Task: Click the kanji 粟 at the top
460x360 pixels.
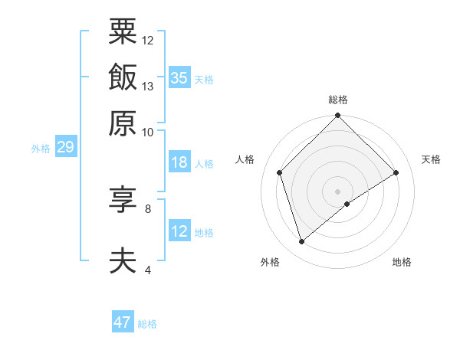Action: point(123,31)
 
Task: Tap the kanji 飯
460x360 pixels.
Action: point(123,77)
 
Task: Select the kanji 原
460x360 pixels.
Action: point(123,123)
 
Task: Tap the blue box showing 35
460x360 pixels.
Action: point(179,77)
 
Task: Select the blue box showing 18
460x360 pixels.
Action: point(179,162)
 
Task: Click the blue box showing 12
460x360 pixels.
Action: point(179,231)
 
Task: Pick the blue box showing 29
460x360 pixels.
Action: point(65,147)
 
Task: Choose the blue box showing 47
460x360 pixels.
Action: point(123,322)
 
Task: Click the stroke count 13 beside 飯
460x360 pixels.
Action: point(148,86)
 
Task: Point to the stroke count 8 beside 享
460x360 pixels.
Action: point(148,208)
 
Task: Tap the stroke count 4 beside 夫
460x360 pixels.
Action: point(148,270)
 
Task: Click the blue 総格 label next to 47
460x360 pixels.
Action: point(147,324)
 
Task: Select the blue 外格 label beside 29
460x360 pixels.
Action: point(41,149)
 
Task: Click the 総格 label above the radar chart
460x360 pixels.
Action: point(338,100)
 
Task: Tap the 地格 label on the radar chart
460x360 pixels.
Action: point(402,263)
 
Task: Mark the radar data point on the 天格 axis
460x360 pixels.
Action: point(396,172)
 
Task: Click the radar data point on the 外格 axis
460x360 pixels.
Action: point(302,242)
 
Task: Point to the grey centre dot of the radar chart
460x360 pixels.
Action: point(338,191)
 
